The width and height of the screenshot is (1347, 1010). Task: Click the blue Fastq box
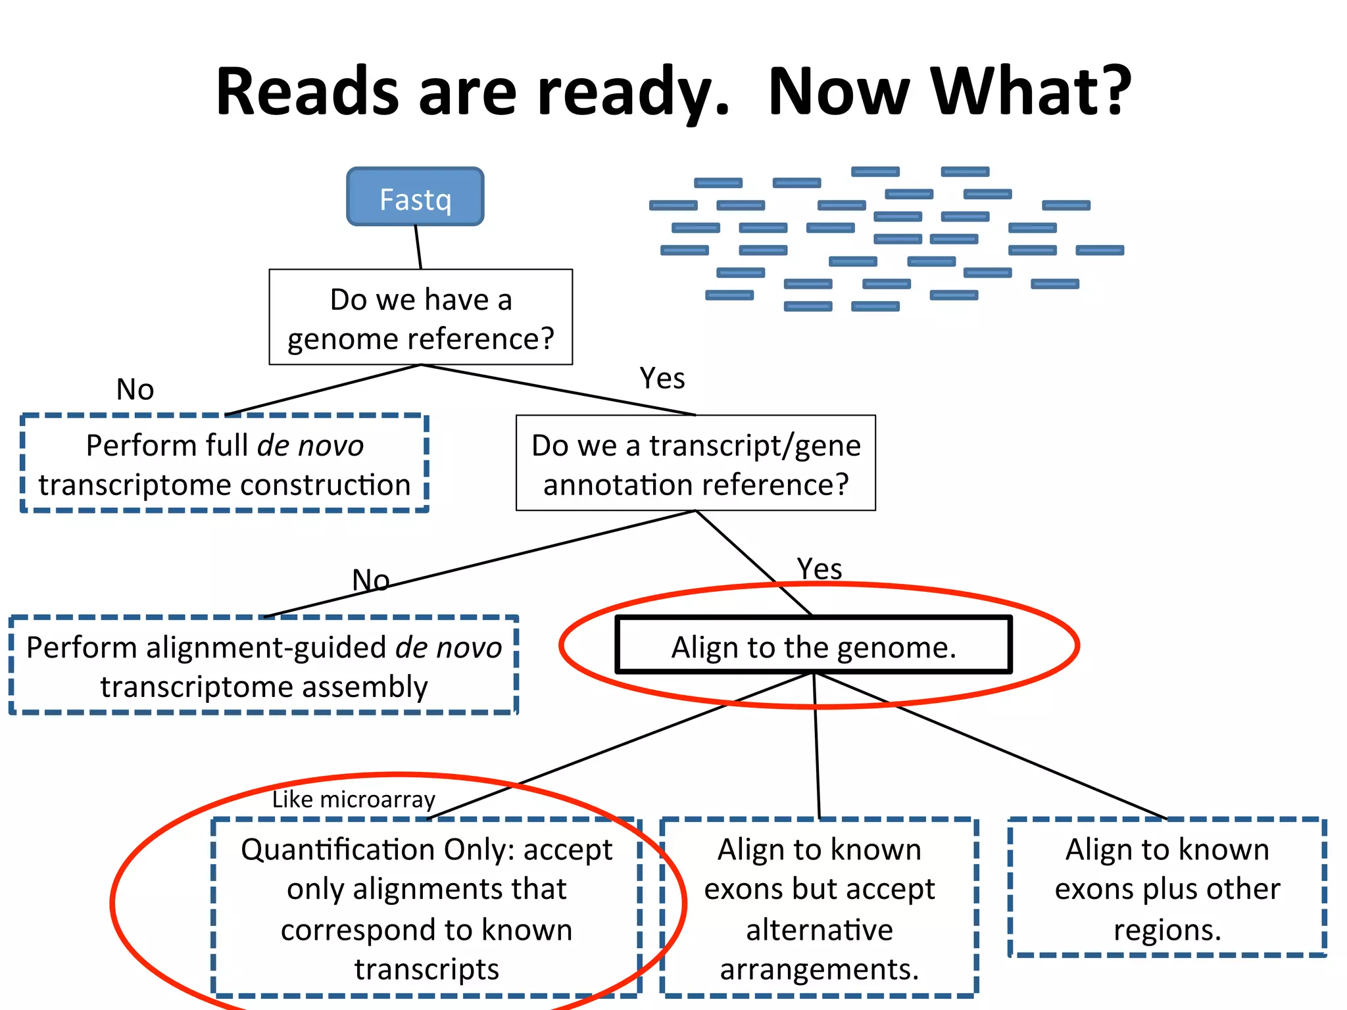coord(415,197)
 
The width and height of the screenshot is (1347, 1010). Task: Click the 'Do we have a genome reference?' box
coord(420,318)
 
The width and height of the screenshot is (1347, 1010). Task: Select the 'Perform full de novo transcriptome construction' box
coord(224,464)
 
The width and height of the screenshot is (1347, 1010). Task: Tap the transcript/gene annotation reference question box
coord(695,464)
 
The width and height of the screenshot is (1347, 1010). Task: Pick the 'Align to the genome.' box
coord(813,646)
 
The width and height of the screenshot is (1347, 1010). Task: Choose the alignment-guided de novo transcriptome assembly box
coord(264,666)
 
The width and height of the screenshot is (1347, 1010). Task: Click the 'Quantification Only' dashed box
coord(426,908)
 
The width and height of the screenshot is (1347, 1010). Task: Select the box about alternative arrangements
coord(819,908)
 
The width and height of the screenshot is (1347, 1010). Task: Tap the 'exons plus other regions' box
coord(1167,888)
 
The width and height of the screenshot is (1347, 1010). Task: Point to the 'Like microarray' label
coord(354,800)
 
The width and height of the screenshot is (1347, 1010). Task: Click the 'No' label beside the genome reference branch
coord(135,389)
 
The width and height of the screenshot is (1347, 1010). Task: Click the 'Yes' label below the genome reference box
coord(662,379)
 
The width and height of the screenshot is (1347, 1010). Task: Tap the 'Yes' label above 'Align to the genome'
coord(819,569)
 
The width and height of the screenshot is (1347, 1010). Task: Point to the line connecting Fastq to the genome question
coord(418,247)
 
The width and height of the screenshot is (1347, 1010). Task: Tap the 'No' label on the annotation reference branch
coord(370,580)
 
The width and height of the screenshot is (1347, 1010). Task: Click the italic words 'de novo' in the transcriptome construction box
coord(310,446)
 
